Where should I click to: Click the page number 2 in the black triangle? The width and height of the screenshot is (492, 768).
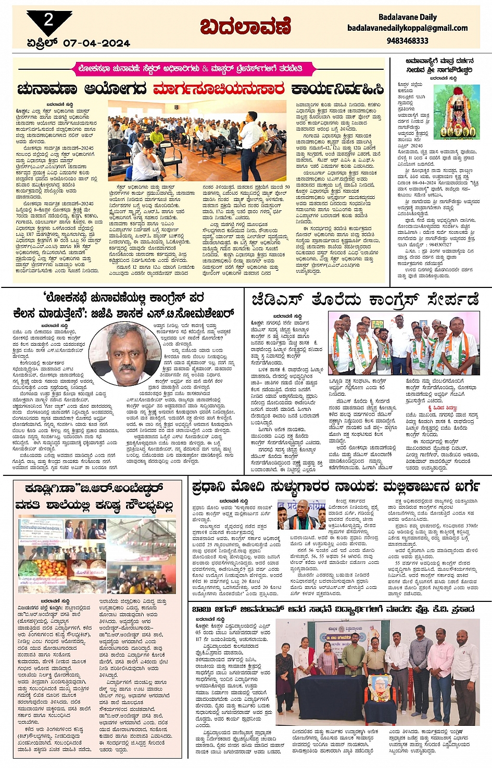[48, 20]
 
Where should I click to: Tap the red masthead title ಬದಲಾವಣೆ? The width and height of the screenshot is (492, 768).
[245, 27]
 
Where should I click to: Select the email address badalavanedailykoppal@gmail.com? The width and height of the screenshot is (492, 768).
[407, 28]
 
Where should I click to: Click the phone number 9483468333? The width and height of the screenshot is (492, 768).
[407, 41]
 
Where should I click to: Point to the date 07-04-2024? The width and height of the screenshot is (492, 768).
[96, 43]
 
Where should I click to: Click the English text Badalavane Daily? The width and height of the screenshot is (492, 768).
[407, 17]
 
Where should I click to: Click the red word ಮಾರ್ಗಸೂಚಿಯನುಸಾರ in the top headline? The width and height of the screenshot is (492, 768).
[219, 90]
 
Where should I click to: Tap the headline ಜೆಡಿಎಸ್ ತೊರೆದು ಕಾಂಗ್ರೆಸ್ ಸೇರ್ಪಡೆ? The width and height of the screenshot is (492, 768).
[365, 300]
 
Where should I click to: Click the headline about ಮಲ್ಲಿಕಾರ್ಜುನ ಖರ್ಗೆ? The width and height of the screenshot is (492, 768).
[335, 487]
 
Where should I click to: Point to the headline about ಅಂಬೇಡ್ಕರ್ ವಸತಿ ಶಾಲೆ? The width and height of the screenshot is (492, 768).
[94, 497]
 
